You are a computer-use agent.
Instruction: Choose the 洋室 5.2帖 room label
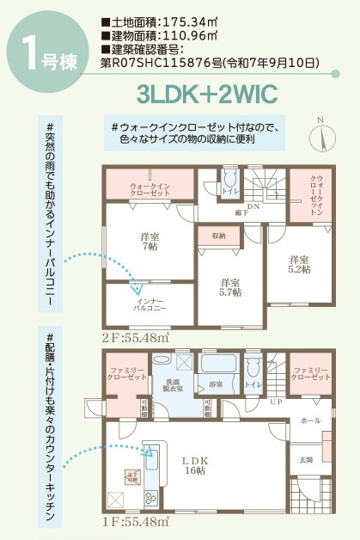point(298,264)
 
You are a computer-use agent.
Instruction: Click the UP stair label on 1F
point(274,402)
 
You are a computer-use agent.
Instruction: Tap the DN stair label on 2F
point(253,208)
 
